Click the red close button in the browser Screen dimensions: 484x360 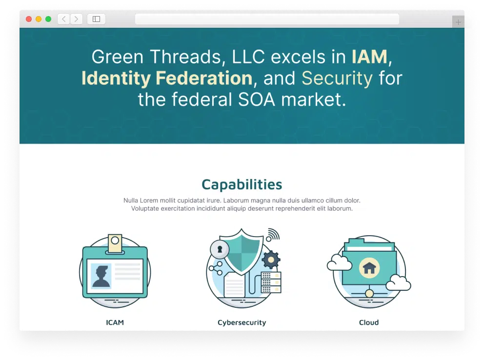point(29,19)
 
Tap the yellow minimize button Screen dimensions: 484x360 point(39,19)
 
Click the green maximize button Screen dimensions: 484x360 point(48,19)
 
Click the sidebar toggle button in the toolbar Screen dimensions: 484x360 point(96,19)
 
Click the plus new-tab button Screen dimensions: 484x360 point(458,22)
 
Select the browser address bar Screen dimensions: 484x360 point(267,19)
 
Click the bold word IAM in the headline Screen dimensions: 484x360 point(369,57)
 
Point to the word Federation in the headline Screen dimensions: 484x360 point(204,78)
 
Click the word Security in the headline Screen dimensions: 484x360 point(337,79)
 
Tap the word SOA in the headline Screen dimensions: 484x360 point(256,100)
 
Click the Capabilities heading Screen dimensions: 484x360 point(242,185)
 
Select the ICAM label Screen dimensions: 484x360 point(115,322)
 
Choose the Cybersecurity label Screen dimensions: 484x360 point(242,322)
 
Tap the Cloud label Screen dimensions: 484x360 point(369,322)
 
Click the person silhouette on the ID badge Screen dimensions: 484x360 point(102,277)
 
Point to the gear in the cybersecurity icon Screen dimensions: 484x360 point(271,260)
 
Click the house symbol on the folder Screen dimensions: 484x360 point(369,268)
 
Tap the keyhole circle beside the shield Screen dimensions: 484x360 point(220,249)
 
